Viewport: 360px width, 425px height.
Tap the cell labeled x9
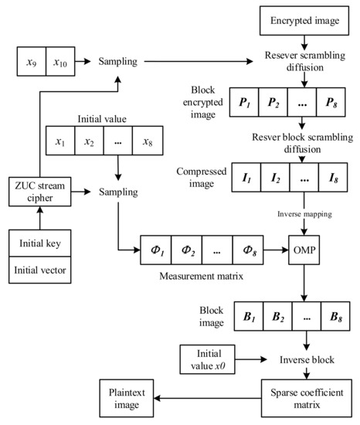click(31, 59)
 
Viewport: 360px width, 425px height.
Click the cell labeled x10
click(62, 59)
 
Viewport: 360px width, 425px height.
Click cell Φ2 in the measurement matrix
click(193, 251)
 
